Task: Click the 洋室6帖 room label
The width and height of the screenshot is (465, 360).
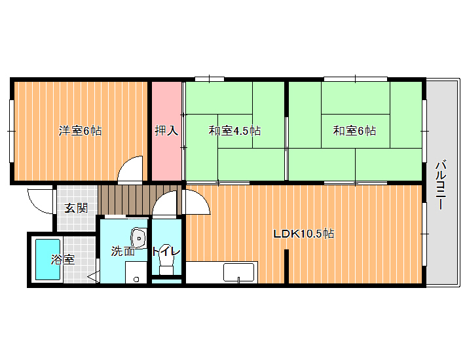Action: pos(80,130)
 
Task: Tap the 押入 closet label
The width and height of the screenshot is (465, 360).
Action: pos(166,130)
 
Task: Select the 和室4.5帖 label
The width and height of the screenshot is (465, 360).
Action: pos(234,130)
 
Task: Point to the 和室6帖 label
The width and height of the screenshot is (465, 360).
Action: pos(354,130)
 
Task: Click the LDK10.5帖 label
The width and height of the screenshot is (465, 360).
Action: pos(304,234)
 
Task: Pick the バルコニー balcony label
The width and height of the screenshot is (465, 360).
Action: pos(441,185)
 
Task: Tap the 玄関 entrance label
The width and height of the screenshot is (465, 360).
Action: pos(76,208)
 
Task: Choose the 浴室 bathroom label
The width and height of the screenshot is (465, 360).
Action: pos(63,260)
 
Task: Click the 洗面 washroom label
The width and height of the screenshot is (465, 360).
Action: pos(122,251)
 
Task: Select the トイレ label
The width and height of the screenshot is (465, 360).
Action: pos(166,251)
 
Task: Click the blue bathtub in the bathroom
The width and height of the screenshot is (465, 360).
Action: pos(48,260)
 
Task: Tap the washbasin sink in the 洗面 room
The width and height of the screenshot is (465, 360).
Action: pos(138,238)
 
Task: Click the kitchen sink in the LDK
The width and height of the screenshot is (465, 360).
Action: pos(239,272)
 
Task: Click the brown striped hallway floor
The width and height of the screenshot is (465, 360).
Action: pos(139,200)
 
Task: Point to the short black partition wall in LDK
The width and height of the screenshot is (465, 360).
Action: pos(286,266)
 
